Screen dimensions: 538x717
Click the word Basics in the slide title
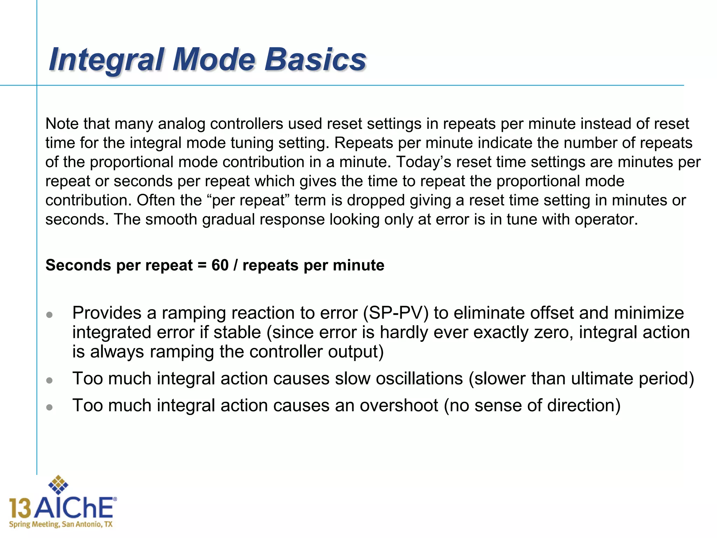click(x=315, y=60)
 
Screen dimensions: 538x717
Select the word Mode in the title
click(x=214, y=60)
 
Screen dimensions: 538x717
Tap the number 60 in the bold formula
click(x=220, y=265)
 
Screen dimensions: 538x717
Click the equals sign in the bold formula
click(x=202, y=265)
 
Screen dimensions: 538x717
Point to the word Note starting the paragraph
click(x=61, y=124)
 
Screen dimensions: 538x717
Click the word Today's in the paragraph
click(x=423, y=162)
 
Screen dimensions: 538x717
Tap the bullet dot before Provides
click(x=49, y=315)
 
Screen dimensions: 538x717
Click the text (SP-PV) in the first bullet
click(x=396, y=313)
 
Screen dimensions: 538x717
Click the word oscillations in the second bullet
click(x=399, y=379)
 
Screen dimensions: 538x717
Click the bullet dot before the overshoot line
click(x=49, y=407)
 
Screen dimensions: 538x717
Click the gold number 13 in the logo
click(x=20, y=508)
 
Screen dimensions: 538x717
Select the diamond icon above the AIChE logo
click(x=58, y=485)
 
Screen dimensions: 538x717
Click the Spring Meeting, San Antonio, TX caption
click(x=61, y=524)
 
